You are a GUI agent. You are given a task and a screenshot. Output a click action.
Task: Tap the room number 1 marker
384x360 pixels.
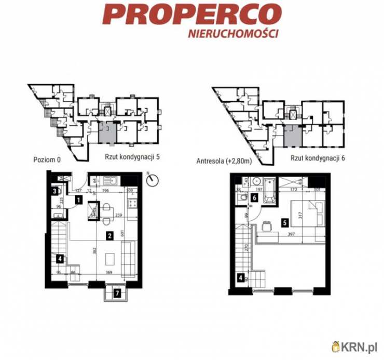77,199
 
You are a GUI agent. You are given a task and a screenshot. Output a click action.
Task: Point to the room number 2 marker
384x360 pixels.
110,235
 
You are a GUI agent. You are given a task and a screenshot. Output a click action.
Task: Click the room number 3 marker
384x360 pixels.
54,191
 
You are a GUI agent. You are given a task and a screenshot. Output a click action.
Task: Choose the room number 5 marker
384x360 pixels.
284,223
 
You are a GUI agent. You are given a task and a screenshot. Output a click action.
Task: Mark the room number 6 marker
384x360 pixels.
254,197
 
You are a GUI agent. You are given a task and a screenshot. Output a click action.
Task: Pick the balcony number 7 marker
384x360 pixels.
118,294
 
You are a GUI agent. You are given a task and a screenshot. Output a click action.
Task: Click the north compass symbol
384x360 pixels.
152,180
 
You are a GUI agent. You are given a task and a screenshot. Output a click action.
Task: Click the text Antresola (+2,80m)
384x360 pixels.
224,161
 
